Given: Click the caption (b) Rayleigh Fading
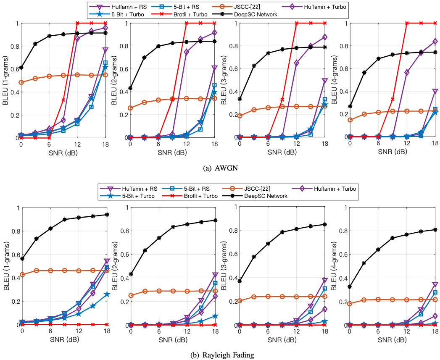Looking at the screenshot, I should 220,355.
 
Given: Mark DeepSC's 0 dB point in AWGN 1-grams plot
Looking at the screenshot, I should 21,68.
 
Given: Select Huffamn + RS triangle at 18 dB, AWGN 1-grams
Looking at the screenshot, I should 105,50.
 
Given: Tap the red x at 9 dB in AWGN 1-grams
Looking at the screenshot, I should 63,100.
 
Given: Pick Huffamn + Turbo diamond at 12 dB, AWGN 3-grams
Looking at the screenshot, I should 297,63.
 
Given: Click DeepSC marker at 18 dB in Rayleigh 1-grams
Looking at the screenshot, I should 107,215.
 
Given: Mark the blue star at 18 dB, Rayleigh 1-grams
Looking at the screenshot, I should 107,294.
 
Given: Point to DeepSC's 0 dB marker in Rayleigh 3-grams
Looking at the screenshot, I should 240,281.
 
